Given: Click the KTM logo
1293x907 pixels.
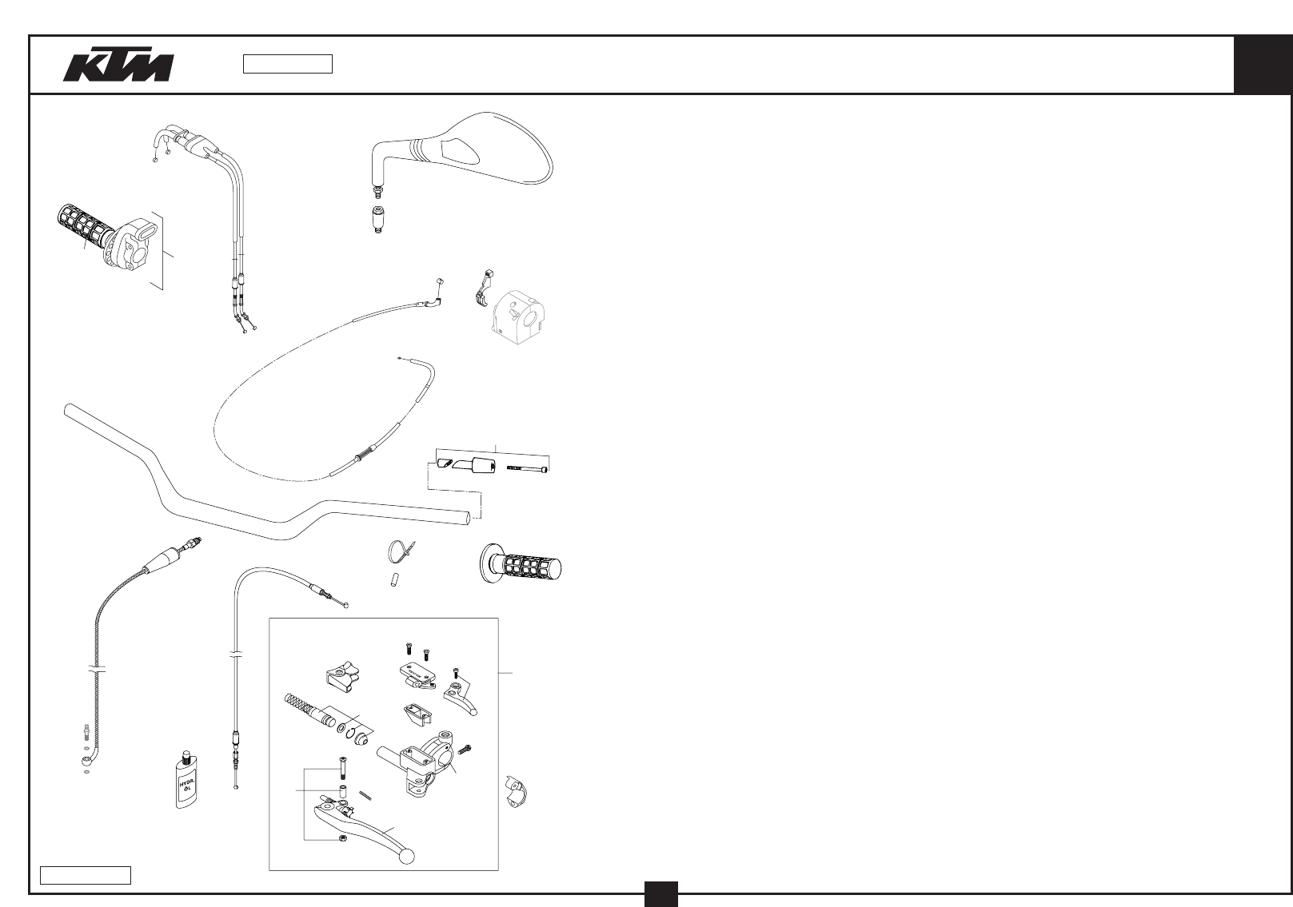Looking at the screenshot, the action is tap(118, 67).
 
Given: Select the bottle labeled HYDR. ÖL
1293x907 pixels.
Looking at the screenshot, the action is tap(187, 781).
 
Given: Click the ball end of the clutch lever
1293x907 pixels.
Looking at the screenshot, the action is tap(407, 857).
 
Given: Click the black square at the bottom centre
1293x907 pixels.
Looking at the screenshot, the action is tap(661, 893).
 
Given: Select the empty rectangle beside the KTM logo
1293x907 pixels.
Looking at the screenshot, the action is tap(287, 64).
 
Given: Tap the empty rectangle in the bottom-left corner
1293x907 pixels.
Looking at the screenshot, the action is tap(86, 874).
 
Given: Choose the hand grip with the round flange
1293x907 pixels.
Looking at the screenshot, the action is tap(521, 565).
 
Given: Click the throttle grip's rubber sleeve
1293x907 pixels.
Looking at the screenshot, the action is tap(80, 227).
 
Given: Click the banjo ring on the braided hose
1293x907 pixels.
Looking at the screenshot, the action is tap(86, 761).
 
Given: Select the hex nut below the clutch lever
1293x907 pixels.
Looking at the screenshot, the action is tap(342, 837).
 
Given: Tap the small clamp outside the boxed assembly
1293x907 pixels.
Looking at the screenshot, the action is tap(517, 790).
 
